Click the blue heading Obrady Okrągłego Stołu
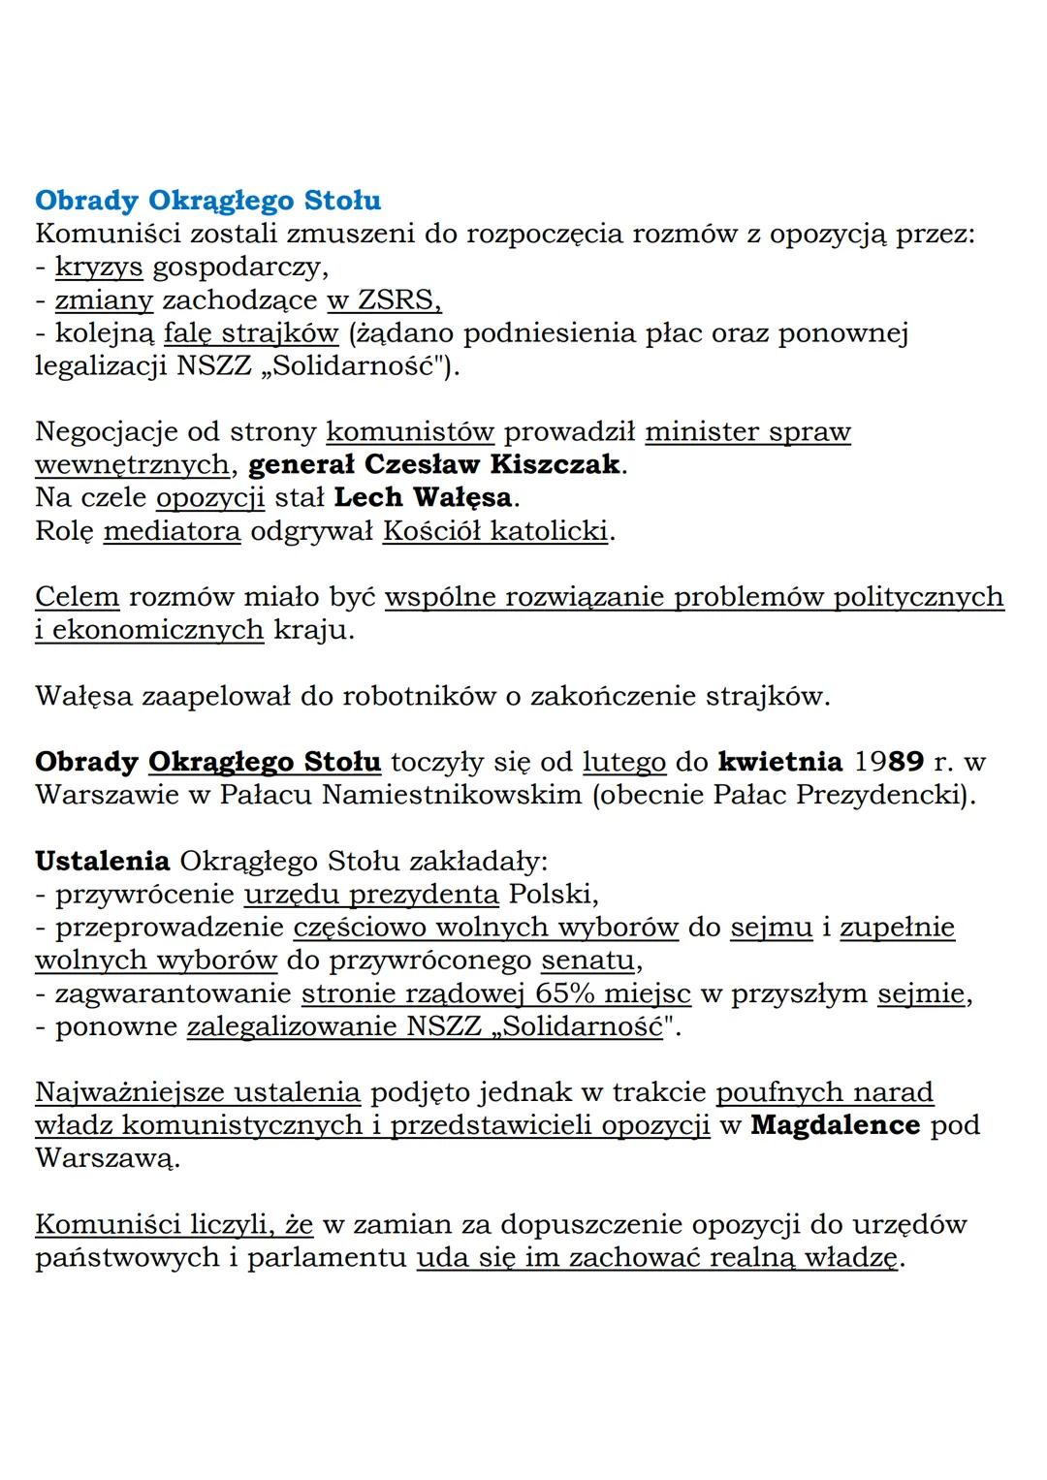tap(207, 201)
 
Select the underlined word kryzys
tap(99, 267)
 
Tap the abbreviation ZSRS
tap(398, 299)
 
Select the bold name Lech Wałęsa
tap(422, 497)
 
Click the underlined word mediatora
tap(172, 531)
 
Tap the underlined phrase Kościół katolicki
tap(495, 531)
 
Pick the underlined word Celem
tap(77, 597)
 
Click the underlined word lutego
tap(623, 762)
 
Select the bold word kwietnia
tap(779, 762)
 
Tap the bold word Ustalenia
tap(102, 861)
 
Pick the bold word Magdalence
tap(835, 1125)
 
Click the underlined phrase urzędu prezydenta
tap(371, 894)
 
